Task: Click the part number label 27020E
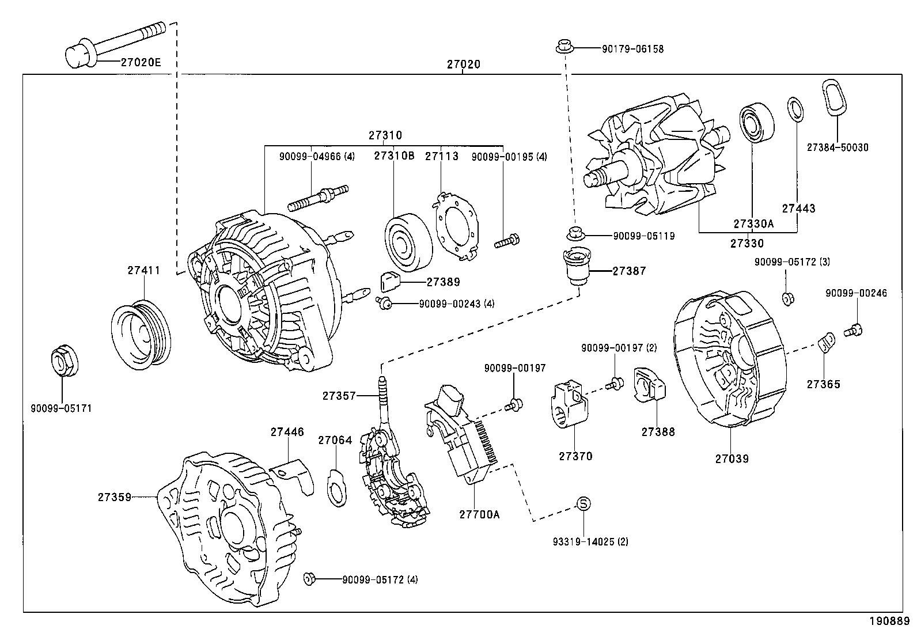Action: (141, 62)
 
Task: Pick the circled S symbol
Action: (583, 503)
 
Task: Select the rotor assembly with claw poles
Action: (657, 158)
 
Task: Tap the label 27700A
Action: (479, 514)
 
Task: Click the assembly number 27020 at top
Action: (463, 65)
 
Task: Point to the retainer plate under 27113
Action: (456, 225)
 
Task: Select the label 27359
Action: (114, 496)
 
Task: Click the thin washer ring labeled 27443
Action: (795, 109)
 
